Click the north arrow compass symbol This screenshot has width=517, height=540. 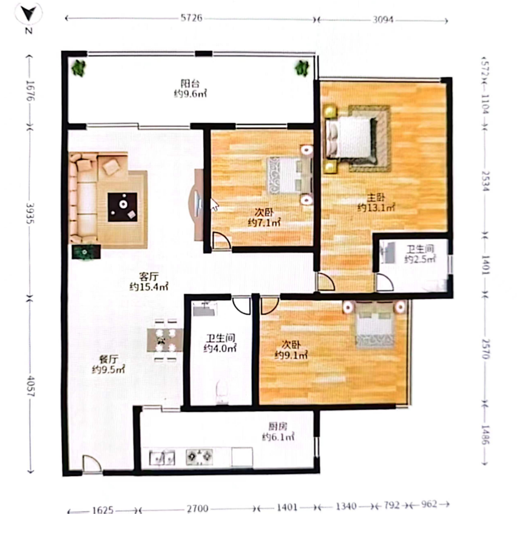[x=28, y=14]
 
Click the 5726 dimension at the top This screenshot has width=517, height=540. [x=192, y=18]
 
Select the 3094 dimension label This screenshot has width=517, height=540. [x=383, y=19]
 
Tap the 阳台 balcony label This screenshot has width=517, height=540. [x=190, y=83]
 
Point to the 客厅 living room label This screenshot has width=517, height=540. [x=149, y=276]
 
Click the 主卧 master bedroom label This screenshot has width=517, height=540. [x=376, y=197]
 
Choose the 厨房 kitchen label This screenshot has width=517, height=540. [x=277, y=426]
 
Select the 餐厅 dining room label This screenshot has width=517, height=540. [x=109, y=360]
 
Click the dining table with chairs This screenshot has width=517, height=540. [x=165, y=340]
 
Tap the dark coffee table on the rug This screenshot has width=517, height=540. [x=123, y=207]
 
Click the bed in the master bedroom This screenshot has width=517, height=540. [x=350, y=137]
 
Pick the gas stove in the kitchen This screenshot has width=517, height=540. [x=200, y=457]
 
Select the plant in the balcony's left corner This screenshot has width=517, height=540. [x=78, y=68]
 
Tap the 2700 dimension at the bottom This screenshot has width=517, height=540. [x=197, y=508]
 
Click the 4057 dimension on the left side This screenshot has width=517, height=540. [x=31, y=386]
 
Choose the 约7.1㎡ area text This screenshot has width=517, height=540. [x=264, y=222]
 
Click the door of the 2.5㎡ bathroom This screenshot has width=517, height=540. [x=385, y=282]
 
